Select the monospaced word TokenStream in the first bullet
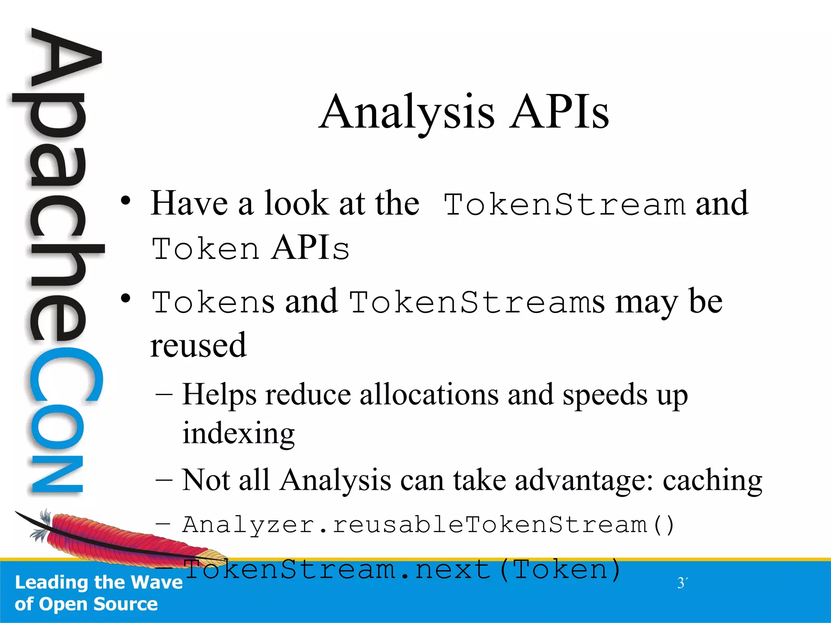[x=564, y=204]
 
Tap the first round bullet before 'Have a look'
[x=126, y=201]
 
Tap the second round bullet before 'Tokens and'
[x=126, y=299]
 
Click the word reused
[x=198, y=346]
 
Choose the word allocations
[x=429, y=394]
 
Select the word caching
[x=713, y=481]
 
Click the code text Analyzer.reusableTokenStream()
[x=428, y=525]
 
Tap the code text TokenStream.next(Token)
[x=402, y=569]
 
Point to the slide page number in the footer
[x=682, y=583]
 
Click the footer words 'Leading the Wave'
[x=99, y=582]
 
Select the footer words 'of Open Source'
[x=86, y=604]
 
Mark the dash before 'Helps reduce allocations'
[x=164, y=394]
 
